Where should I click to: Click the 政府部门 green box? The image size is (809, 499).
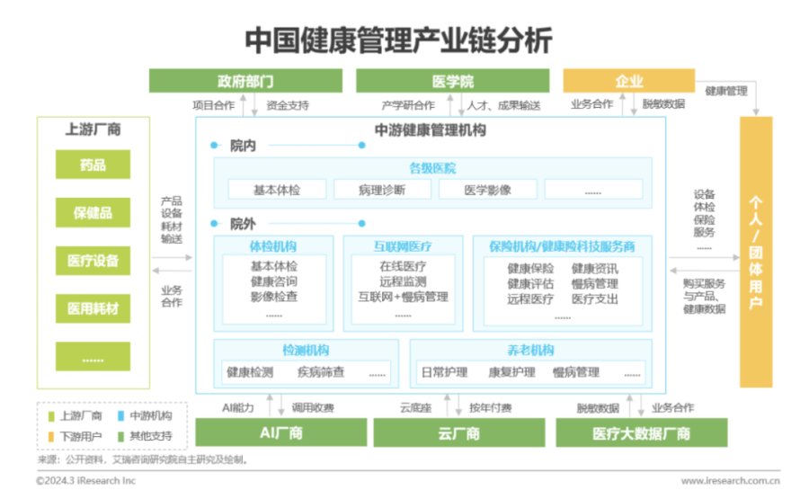(x=245, y=81)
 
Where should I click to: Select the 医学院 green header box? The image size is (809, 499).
(x=452, y=81)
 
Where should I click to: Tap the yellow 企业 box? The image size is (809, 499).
(x=629, y=81)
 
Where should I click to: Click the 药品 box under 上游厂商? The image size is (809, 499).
(x=93, y=165)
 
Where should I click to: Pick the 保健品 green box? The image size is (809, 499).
(x=93, y=212)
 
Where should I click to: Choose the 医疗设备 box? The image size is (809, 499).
(x=93, y=260)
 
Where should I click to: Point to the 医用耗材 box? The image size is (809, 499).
(x=93, y=308)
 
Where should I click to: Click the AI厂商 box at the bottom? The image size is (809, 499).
(x=281, y=432)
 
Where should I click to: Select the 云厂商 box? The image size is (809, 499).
(x=459, y=432)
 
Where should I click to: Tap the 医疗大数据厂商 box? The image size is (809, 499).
(x=641, y=432)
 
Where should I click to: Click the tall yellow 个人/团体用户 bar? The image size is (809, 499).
(x=756, y=252)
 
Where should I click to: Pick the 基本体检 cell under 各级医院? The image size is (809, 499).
(x=277, y=190)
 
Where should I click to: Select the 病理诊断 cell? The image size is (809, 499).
(x=382, y=190)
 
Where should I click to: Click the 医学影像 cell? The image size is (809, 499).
(x=487, y=190)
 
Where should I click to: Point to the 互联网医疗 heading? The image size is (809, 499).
(x=403, y=246)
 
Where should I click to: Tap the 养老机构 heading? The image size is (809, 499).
(x=530, y=350)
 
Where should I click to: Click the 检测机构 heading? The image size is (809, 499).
(x=306, y=350)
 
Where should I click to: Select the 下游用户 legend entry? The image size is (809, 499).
(x=75, y=436)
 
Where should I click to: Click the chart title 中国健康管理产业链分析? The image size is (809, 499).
(x=398, y=40)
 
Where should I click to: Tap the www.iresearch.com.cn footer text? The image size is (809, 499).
(x=731, y=480)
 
